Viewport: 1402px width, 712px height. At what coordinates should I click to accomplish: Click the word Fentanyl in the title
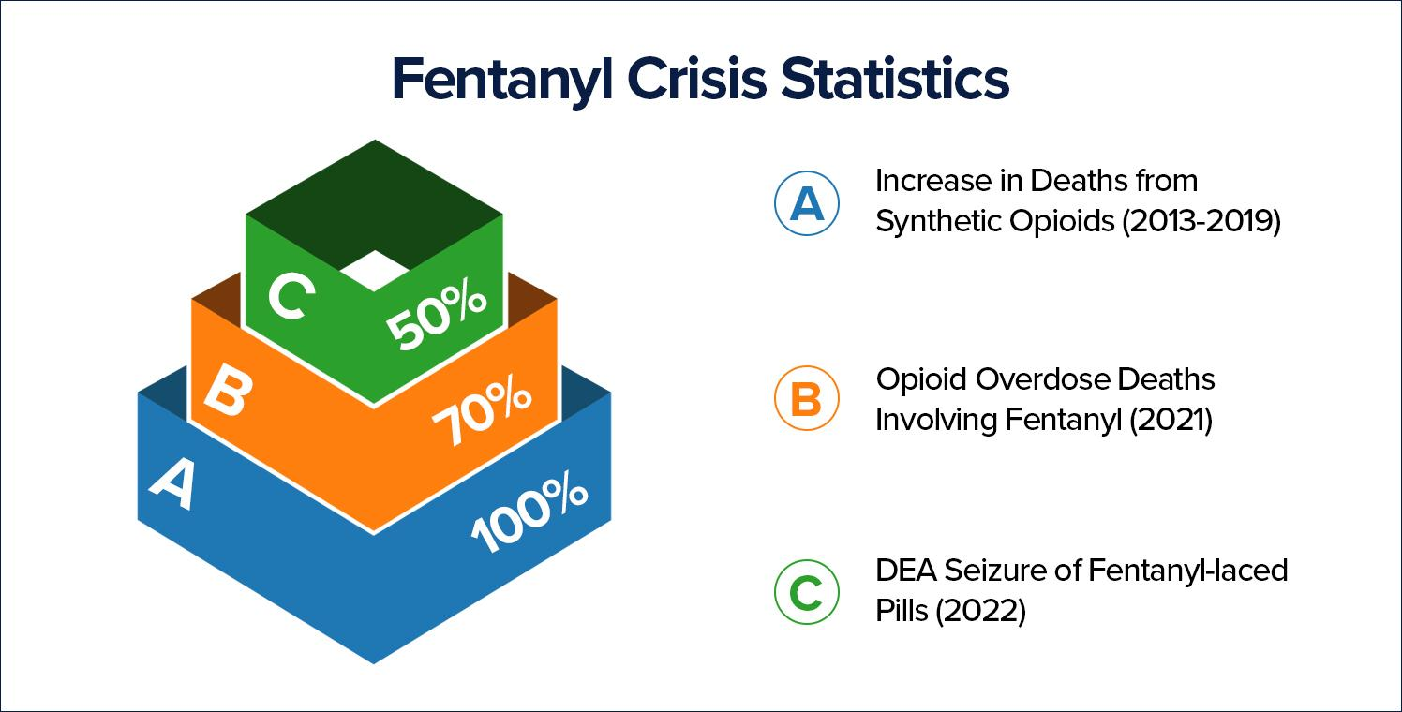tap(500, 81)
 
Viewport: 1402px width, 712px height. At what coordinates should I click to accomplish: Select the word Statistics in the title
tap(896, 81)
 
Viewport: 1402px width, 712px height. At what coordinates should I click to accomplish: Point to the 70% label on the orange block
tap(482, 413)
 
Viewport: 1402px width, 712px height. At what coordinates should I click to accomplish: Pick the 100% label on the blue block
tap(529, 514)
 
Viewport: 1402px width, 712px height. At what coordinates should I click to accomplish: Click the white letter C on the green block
tap(287, 296)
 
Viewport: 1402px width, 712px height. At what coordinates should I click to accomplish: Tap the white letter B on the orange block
tap(225, 393)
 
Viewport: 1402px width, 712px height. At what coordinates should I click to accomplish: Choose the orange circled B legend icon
tap(806, 400)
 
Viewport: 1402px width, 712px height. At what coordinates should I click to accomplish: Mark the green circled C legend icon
tap(806, 591)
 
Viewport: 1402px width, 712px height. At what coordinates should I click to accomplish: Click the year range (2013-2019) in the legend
tap(1201, 222)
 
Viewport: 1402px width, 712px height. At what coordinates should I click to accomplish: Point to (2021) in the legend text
tap(1171, 421)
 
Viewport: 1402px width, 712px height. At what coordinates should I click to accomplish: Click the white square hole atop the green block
tap(374, 269)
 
